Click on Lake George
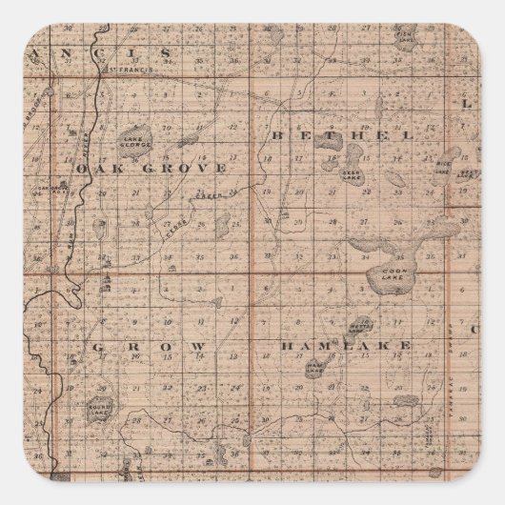(134, 142)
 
